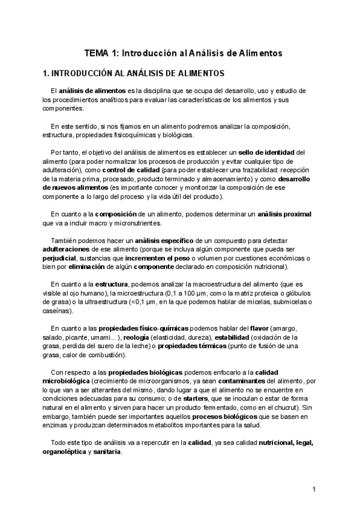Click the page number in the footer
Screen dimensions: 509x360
point(314,489)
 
